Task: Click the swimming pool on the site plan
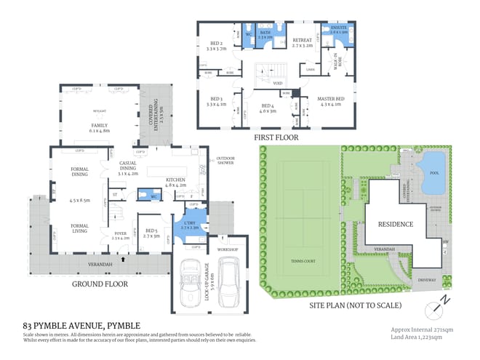(435, 174)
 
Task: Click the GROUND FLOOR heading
(100, 284)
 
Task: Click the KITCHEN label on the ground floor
(176, 183)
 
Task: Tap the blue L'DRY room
(190, 225)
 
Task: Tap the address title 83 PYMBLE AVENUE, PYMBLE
(81, 324)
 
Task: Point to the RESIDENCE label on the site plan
(395, 224)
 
